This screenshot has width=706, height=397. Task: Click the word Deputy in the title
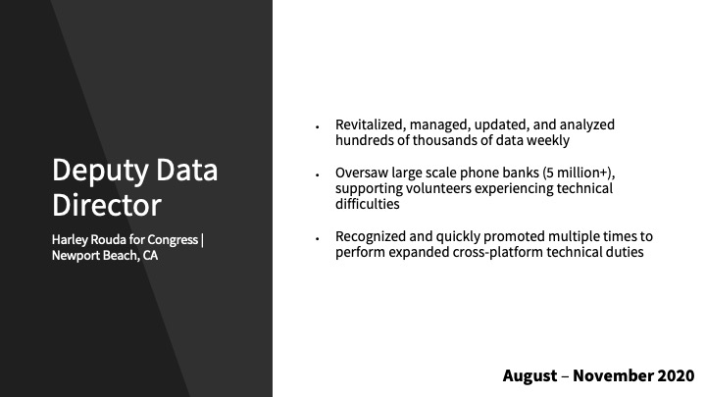tap(100, 171)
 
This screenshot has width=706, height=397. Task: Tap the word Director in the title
tap(107, 205)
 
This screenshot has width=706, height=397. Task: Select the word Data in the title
tap(187, 170)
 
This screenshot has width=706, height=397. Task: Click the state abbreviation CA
tap(150, 255)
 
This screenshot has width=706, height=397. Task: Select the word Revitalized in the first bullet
tap(371, 124)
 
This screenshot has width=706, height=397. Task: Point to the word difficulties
tap(368, 204)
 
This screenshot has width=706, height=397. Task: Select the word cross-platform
tap(497, 252)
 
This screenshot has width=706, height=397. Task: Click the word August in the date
tap(529, 375)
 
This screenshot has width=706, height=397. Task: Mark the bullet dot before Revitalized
tap(318, 127)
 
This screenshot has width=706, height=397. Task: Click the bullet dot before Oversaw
tap(318, 175)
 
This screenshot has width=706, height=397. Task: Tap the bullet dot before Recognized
tap(318, 239)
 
